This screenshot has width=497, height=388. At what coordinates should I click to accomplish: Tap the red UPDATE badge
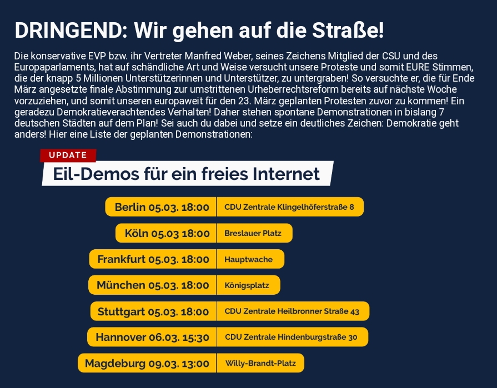[x=68, y=155]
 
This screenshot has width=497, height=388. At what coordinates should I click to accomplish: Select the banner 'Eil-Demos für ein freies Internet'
[x=188, y=174]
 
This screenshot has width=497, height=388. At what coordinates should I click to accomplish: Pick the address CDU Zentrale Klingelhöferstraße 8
[x=290, y=207]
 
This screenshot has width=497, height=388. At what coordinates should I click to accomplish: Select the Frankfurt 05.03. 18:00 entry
[x=153, y=259]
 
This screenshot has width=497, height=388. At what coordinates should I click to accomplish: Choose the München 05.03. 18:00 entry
[x=152, y=285]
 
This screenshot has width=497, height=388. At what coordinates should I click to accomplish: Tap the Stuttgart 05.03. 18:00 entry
[x=153, y=311]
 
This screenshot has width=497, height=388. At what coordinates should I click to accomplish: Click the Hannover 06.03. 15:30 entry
[x=152, y=337]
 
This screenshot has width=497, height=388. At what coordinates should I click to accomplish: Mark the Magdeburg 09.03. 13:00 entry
[x=147, y=363]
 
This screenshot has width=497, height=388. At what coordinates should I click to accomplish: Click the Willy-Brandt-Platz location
[x=260, y=363]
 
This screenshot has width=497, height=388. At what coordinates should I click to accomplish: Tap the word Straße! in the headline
[x=348, y=31]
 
